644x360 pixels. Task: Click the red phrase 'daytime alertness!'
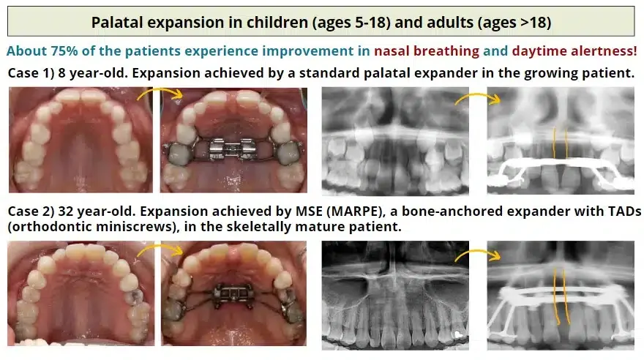(574, 52)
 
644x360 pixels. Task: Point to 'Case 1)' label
(29, 74)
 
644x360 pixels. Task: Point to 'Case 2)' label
(29, 211)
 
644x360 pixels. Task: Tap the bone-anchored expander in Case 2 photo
(232, 294)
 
